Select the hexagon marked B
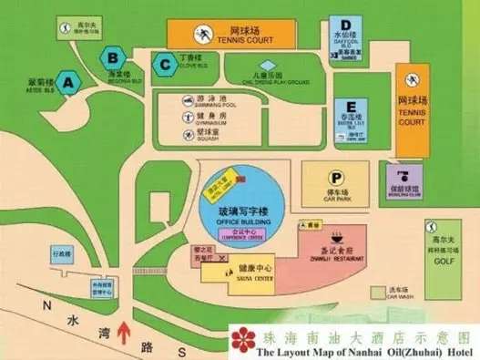click(111, 57)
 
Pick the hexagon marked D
click(346, 26)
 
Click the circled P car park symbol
click(337, 179)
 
